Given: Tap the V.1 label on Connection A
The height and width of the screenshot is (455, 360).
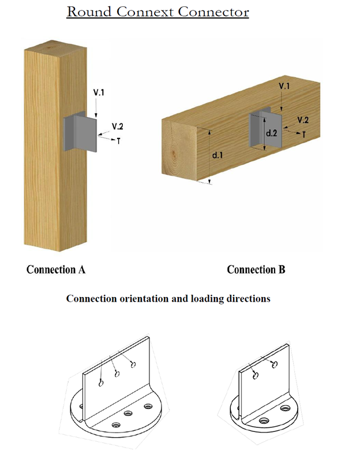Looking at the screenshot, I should (99, 92).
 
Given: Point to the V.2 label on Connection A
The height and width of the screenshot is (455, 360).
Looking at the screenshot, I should (118, 127).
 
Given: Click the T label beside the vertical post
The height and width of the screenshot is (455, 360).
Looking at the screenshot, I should (118, 140).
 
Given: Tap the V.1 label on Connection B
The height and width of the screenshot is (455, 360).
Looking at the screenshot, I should (284, 86).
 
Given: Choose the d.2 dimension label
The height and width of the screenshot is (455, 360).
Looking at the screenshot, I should (271, 133).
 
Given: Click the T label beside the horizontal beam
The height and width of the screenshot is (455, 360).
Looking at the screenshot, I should (305, 133).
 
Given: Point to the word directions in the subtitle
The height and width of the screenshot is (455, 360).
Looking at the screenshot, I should (249, 299).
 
